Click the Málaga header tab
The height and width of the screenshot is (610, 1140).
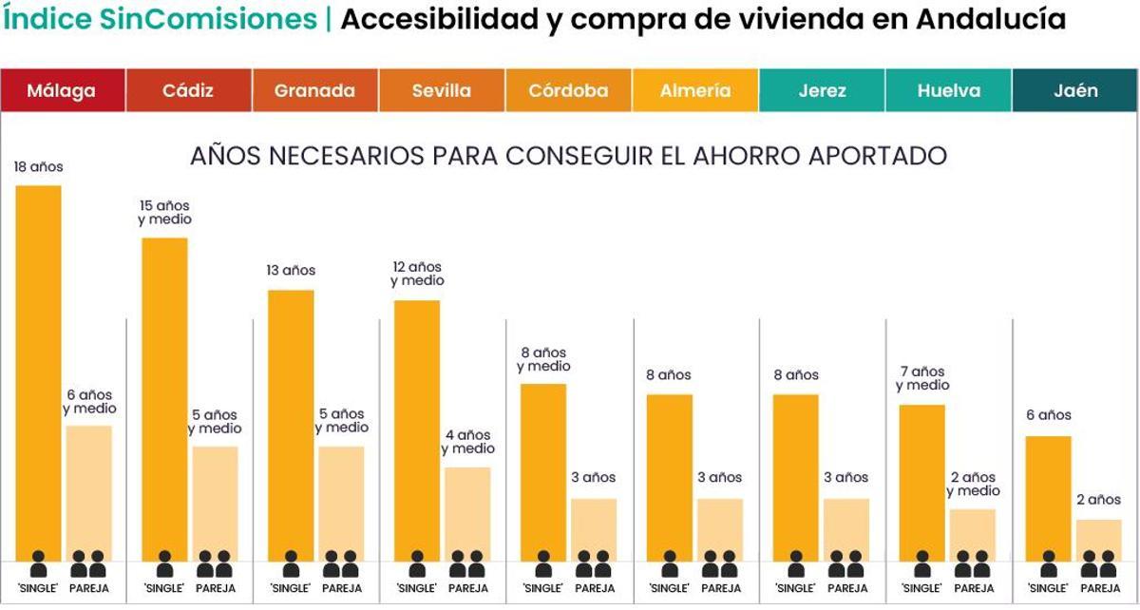click(63, 91)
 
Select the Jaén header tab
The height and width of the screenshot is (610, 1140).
click(1075, 91)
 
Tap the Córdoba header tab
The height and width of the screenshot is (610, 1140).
click(568, 91)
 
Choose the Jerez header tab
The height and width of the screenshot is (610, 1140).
click(822, 91)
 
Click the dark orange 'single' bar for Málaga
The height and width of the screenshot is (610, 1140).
click(38, 371)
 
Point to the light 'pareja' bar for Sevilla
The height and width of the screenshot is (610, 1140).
click(467, 513)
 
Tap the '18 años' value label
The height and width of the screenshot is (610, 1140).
click(38, 167)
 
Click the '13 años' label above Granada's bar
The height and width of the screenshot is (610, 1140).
click(291, 271)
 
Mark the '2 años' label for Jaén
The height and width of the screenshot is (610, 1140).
click(1098, 500)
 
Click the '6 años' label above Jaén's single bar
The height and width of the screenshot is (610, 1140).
click(1048, 415)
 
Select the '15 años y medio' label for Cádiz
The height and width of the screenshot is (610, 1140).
click(164, 213)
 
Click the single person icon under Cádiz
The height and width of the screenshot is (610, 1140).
click(164, 565)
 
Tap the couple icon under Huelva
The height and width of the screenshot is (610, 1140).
click(973, 565)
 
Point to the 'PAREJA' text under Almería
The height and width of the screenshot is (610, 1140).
click(720, 589)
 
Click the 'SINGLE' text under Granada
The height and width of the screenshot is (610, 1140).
click(291, 589)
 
